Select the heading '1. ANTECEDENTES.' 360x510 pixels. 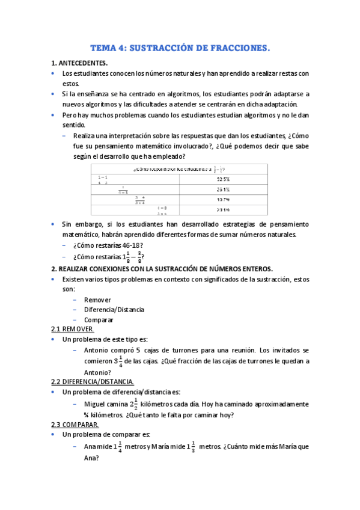pos(80,63)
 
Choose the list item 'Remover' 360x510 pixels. pos(97,300)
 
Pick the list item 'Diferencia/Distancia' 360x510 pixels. pos(114,310)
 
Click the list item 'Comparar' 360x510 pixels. pos(99,320)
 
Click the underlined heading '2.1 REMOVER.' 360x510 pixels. pos(72,330)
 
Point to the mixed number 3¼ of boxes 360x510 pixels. pos(118,361)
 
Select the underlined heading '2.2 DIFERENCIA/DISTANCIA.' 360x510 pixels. pos(92,382)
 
